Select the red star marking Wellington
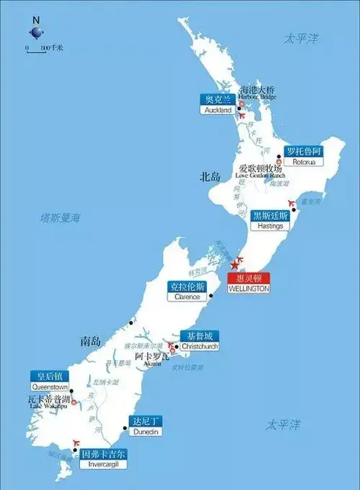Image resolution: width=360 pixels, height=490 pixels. (x=234, y=267)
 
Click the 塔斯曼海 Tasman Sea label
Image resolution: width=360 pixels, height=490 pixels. (x=60, y=217)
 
